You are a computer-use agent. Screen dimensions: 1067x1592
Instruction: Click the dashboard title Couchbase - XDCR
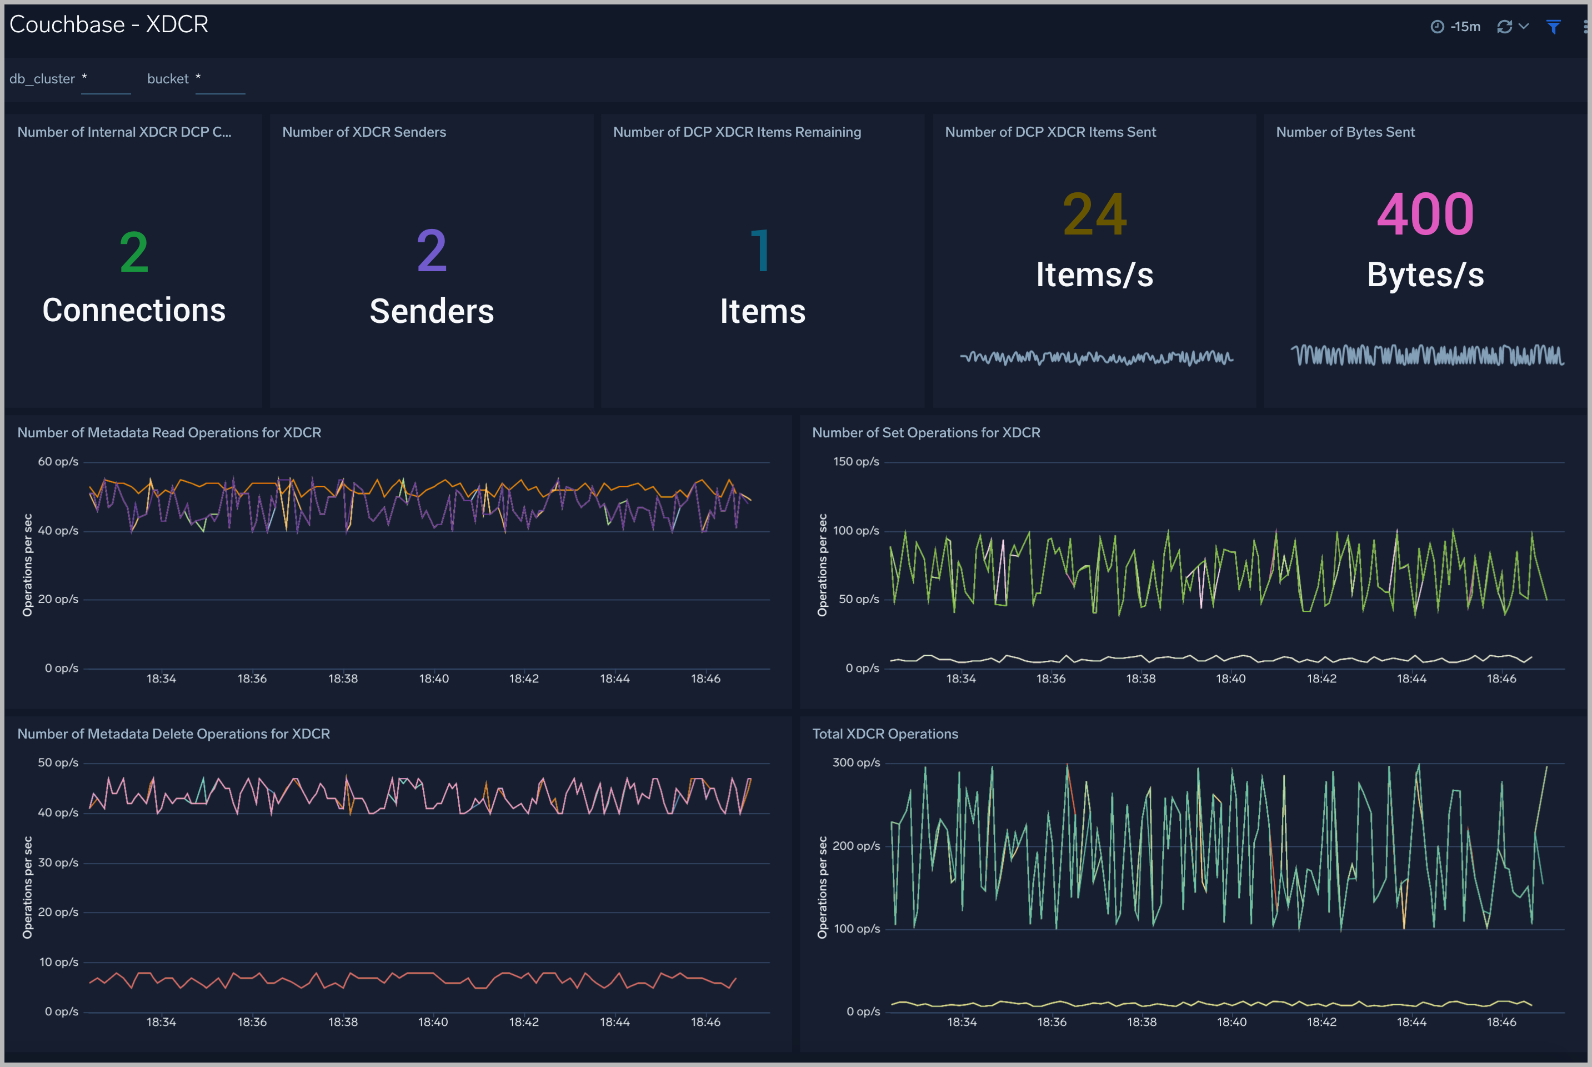tap(109, 24)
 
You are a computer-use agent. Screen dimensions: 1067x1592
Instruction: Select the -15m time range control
tap(1456, 27)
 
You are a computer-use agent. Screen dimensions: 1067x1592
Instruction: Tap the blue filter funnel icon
tap(1553, 27)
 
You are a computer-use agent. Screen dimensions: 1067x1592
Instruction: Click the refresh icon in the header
tap(1504, 27)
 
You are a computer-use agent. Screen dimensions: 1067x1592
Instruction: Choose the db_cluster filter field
tap(106, 79)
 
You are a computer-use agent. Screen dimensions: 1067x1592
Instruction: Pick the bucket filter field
tap(219, 79)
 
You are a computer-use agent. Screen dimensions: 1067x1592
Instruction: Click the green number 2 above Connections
tap(134, 252)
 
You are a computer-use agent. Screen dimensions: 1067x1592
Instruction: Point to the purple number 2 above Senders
tap(432, 251)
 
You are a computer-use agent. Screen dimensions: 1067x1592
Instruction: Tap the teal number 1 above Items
tap(761, 251)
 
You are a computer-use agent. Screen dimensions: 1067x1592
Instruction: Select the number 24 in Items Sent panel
tap(1094, 215)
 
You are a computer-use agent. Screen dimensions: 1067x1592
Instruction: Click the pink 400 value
tap(1425, 215)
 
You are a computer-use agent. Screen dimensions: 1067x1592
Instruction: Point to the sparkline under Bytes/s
tap(1427, 355)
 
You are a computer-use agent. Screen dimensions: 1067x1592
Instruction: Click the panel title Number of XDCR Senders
tap(364, 132)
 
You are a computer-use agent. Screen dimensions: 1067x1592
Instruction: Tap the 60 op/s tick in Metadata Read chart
tap(58, 461)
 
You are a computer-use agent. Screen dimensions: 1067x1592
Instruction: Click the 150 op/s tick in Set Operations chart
tap(855, 461)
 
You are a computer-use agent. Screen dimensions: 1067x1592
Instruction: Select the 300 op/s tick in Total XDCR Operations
tap(855, 762)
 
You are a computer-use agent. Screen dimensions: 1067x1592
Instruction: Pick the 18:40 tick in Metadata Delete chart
tap(433, 1021)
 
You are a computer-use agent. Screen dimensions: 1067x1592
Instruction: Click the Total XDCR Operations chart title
tap(885, 734)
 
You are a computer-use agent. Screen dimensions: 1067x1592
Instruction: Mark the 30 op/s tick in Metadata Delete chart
tap(58, 862)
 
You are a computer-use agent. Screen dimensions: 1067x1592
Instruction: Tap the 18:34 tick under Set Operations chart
tap(960, 679)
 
